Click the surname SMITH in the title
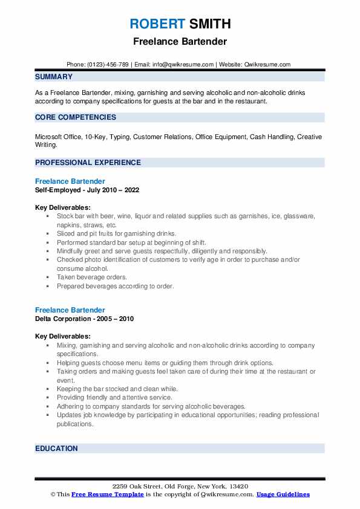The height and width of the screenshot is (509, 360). tap(209, 24)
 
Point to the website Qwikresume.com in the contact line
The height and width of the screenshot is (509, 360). tap(267, 65)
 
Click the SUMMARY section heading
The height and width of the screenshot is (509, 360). tap(54, 77)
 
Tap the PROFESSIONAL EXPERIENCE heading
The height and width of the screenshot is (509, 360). tap(88, 163)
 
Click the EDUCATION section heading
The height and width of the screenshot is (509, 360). tap(56, 449)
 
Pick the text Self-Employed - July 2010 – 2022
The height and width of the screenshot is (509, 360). tap(87, 190)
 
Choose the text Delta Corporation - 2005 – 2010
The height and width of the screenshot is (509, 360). tap(84, 319)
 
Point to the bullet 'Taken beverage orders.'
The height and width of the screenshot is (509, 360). tap(93, 277)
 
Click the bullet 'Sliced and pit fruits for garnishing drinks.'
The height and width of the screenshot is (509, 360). tap(125, 233)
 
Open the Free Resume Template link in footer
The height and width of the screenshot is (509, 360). tap(108, 494)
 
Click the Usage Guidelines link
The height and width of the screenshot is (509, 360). tap(283, 494)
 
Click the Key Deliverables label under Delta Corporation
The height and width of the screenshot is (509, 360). tap(63, 336)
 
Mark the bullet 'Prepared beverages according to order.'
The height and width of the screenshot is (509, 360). tap(115, 286)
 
